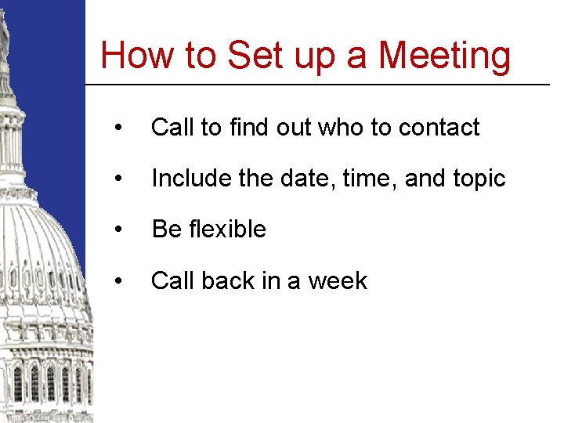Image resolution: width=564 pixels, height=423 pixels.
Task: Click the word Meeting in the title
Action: click(x=444, y=56)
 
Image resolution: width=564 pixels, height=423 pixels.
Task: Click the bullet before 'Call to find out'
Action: click(x=117, y=128)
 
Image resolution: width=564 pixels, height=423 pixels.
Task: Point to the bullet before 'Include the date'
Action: click(x=117, y=179)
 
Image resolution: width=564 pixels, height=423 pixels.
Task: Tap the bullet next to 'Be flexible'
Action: click(x=117, y=230)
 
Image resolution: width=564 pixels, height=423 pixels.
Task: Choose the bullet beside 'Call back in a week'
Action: click(x=117, y=280)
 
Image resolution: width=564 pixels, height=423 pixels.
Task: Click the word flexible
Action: click(x=228, y=229)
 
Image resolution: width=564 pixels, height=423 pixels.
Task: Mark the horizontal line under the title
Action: click(x=317, y=84)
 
